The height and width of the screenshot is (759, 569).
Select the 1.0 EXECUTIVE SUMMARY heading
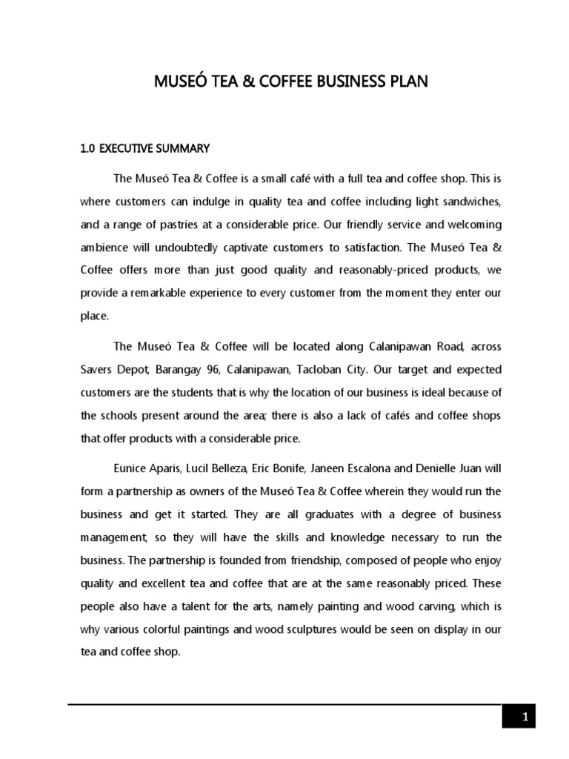click(x=145, y=149)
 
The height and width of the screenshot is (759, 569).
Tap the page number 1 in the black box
click(x=524, y=716)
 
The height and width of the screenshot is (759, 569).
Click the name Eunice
click(x=131, y=468)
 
